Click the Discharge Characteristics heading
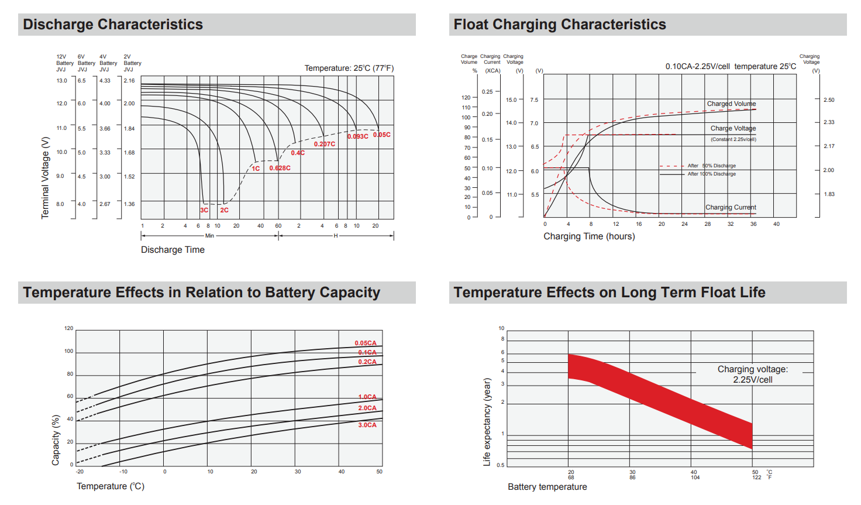113,25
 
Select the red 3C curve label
204,210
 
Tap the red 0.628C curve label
280,168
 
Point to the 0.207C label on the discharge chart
325,144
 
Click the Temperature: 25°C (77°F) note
349,68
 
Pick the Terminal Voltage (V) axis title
45,178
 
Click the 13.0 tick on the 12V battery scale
61,81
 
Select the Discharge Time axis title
173,250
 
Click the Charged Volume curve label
731,104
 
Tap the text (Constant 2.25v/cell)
733,139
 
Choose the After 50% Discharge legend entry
711,166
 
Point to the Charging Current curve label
731,207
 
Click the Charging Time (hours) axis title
589,236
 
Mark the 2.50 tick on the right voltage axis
829,100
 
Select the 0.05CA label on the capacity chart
366,343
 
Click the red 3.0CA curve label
367,425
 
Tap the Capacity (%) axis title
56,440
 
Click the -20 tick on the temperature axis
80,472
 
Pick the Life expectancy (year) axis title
487,422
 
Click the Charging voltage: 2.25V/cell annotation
753,375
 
